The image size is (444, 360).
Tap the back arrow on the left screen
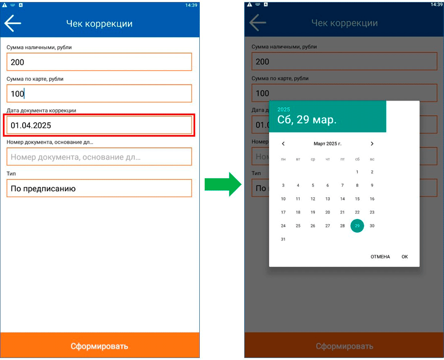click(13, 23)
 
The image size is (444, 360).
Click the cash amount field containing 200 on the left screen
click(99, 62)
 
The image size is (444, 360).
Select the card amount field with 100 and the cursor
click(99, 93)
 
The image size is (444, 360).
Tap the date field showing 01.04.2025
click(99, 125)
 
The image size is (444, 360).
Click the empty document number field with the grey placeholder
click(99, 156)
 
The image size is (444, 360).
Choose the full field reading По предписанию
click(99, 188)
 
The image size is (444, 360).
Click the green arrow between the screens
click(223, 184)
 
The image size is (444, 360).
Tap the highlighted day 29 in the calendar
click(357, 226)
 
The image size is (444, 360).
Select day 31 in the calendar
click(283, 239)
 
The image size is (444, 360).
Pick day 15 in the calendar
click(357, 199)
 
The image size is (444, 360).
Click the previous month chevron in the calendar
click(283, 144)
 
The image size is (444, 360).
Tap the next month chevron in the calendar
click(372, 144)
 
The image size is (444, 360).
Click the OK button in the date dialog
click(404, 256)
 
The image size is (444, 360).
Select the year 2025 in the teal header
click(283, 109)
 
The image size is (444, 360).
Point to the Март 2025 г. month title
click(328, 144)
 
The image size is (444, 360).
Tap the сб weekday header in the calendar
click(357, 159)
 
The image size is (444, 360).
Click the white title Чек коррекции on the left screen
click(99, 24)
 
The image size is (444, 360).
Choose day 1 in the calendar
click(357, 172)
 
